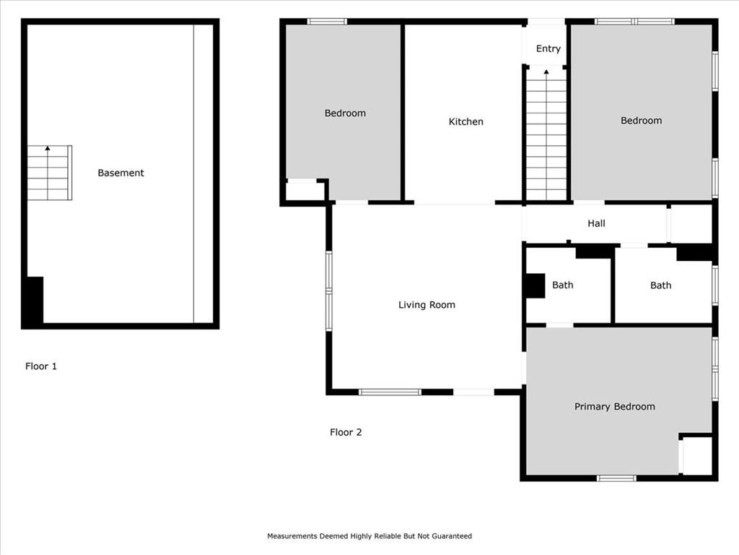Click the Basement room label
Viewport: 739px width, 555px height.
point(121,173)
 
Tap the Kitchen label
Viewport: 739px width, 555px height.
point(465,121)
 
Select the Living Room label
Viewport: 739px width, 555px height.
point(427,305)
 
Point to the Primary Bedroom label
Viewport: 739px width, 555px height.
point(615,407)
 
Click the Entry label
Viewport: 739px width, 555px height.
point(548,48)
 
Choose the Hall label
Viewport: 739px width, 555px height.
point(596,223)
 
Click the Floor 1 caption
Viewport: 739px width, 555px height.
point(41,366)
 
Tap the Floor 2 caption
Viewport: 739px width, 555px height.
point(346,432)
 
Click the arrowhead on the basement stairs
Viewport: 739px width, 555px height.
point(48,148)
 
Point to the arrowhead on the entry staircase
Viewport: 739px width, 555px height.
point(546,72)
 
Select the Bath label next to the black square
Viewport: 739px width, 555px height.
point(563,285)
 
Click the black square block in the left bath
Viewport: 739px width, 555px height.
point(535,285)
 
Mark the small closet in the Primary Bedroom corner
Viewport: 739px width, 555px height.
point(696,455)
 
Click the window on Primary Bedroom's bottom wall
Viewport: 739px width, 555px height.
point(616,478)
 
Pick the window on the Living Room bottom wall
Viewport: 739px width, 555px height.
point(390,392)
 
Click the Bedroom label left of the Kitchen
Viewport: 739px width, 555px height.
point(345,113)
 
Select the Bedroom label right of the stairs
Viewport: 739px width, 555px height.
point(641,121)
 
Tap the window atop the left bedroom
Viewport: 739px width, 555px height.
point(327,21)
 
